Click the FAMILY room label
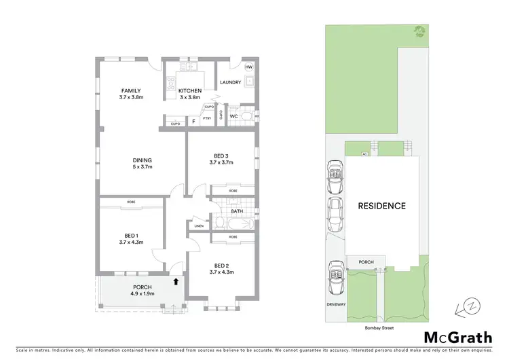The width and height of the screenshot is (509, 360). (x=131, y=90)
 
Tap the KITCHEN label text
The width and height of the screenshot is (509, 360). (x=189, y=90)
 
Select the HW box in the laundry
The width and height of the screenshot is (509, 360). (x=249, y=68)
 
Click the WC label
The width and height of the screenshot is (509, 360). (x=233, y=116)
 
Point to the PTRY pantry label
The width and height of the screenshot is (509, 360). (x=206, y=118)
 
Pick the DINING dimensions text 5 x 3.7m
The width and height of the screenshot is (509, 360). (x=143, y=166)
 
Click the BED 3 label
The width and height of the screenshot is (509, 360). (x=221, y=155)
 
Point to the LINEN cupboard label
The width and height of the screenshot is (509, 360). (x=199, y=226)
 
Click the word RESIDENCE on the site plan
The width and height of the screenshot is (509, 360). (x=382, y=206)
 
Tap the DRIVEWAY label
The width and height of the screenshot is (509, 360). (x=337, y=304)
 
